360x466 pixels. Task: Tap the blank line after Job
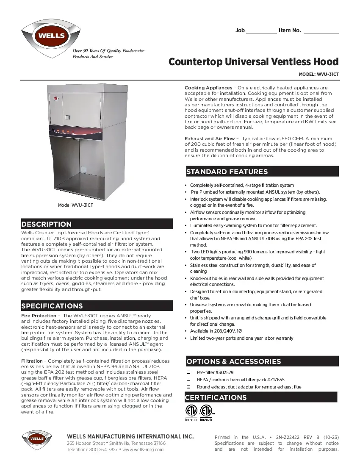coord(261,31)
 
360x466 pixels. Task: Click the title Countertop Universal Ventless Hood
coord(253,62)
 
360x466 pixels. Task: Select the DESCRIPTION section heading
coord(47,224)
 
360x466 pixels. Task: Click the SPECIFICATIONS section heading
coord(52,306)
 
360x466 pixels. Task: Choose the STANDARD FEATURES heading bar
coord(227,172)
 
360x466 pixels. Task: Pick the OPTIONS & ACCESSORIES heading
coord(233,361)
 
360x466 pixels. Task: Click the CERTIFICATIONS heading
coord(216,397)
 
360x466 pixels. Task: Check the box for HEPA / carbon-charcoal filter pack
coord(188,380)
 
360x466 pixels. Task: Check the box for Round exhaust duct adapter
coord(188,387)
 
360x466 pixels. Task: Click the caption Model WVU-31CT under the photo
coord(75,205)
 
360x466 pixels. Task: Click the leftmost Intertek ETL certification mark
coord(191,412)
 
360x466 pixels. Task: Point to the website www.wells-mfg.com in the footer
coord(143,449)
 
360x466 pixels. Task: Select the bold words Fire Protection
coord(39,316)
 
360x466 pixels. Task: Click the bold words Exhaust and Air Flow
coord(210,139)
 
